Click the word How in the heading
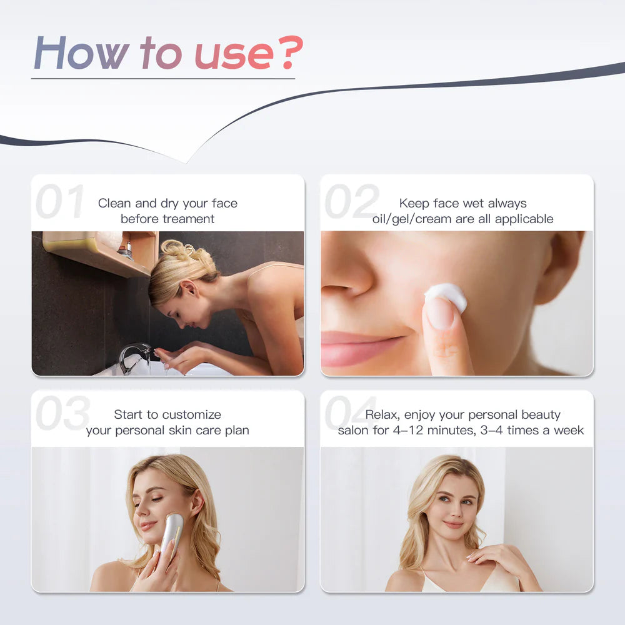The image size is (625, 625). coord(81,52)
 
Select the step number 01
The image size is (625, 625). coord(60,201)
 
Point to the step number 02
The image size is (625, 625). coord(351,201)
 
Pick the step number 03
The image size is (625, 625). coord(62,412)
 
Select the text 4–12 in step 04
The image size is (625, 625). coord(407,431)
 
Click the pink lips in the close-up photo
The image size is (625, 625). coord(357,348)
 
